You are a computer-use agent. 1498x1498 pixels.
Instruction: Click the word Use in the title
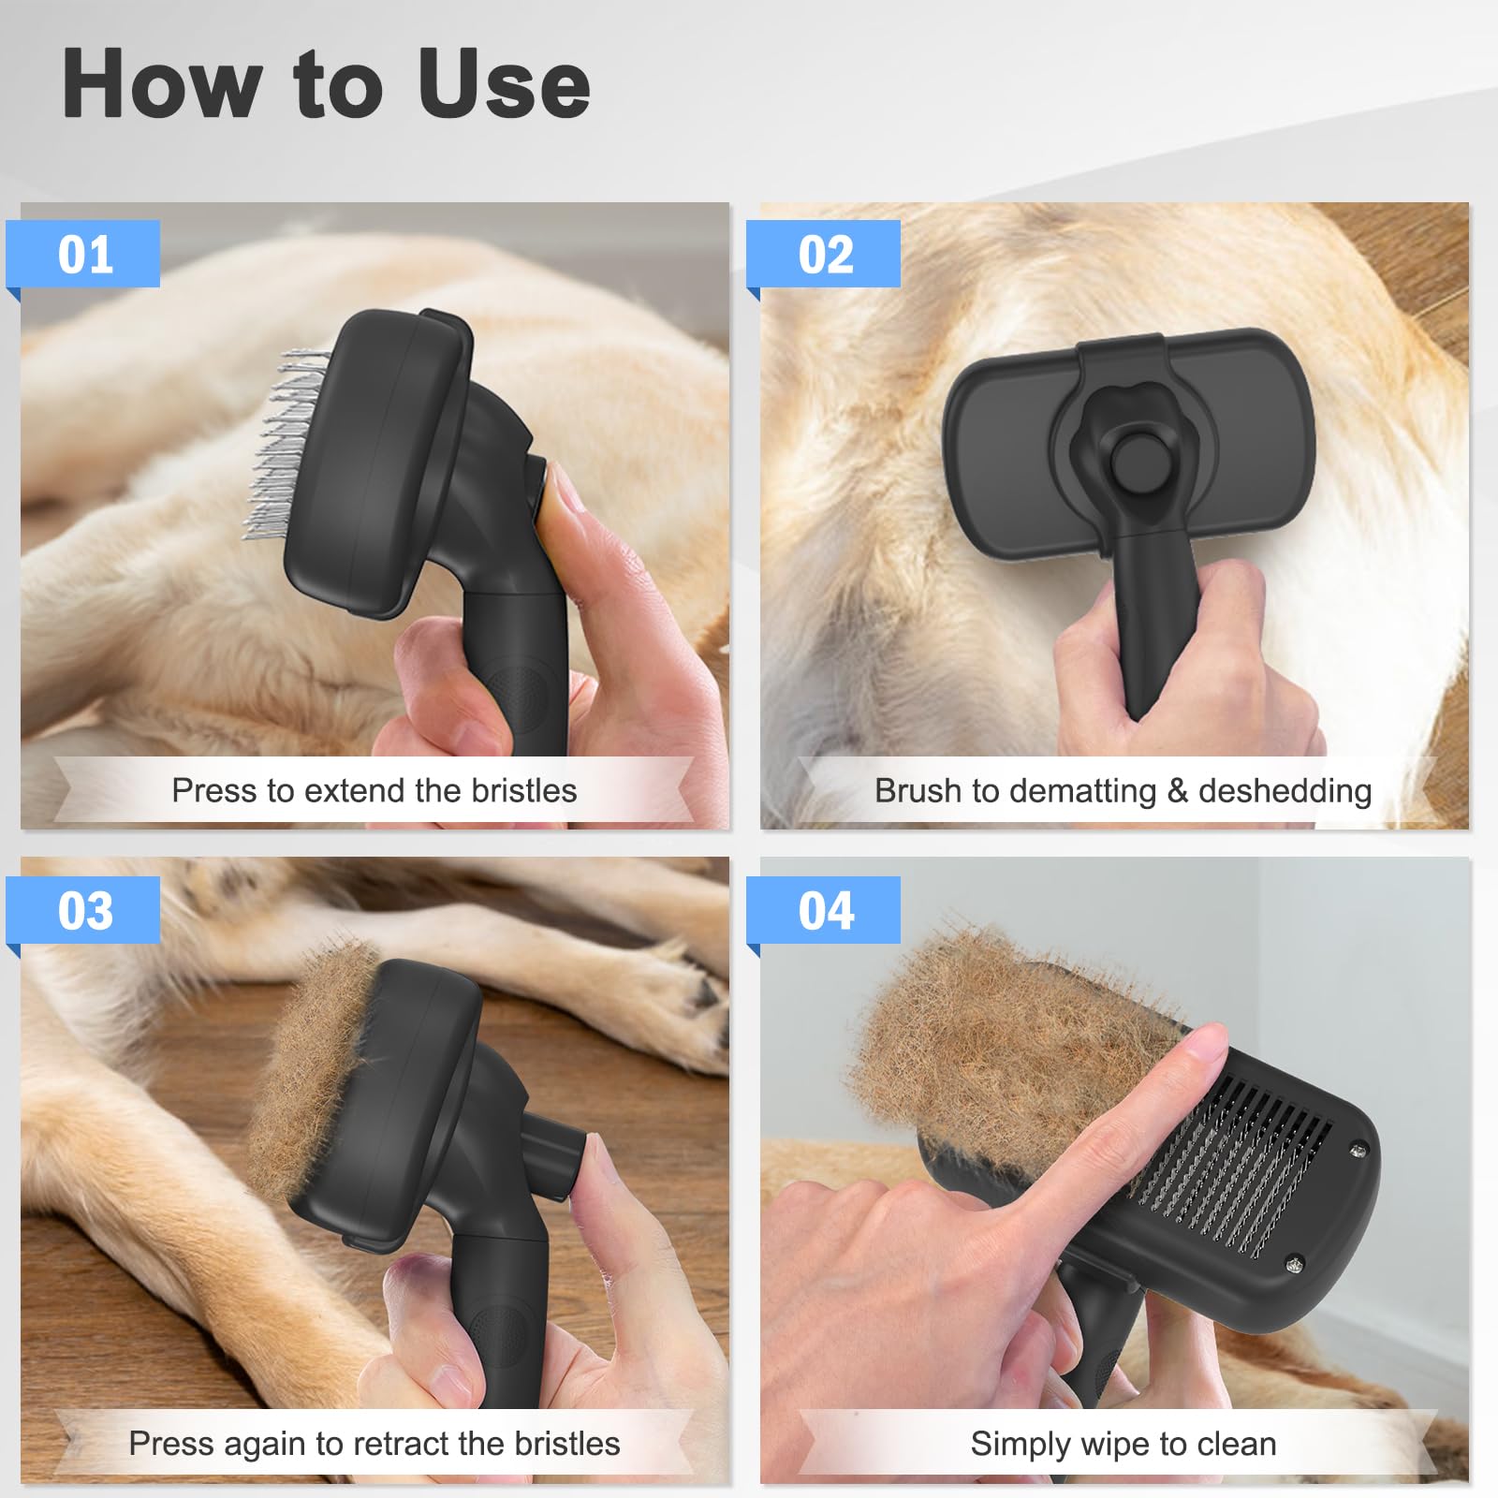[x=503, y=84]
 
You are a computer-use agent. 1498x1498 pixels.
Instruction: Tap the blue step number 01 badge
[x=84, y=255]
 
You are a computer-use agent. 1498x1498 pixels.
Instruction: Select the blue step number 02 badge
[x=825, y=255]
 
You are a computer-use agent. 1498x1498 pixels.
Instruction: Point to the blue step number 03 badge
[x=84, y=911]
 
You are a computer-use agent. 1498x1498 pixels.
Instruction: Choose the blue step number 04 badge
[x=825, y=911]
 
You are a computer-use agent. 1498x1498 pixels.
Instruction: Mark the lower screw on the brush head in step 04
[x=1294, y=1264]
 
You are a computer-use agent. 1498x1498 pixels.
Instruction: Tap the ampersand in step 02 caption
[x=1177, y=792]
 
